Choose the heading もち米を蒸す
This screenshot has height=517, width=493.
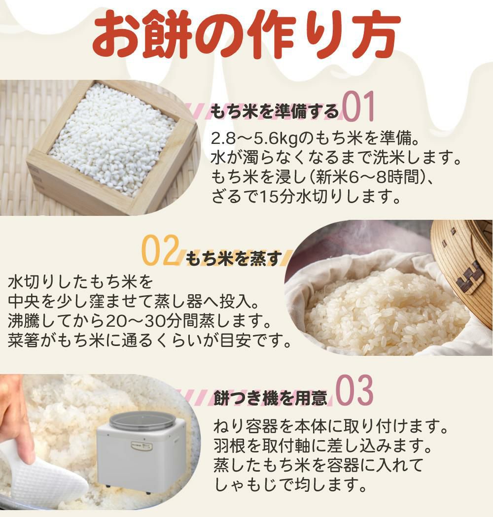234,258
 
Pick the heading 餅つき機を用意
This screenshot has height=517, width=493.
271,398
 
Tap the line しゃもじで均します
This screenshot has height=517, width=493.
290,486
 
